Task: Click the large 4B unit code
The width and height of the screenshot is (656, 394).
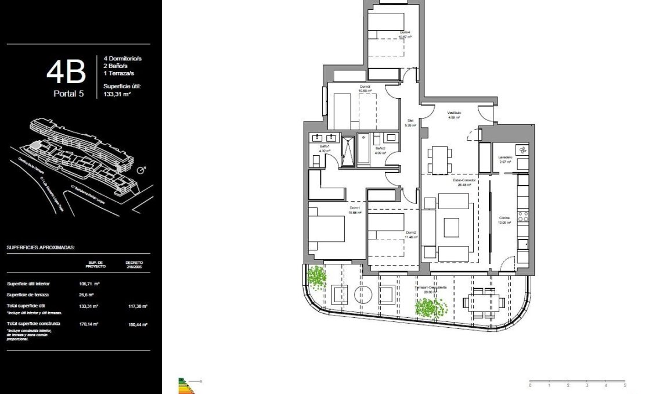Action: pyautogui.click(x=66, y=71)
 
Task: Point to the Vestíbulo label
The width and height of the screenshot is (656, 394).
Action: pyautogui.click(x=453, y=114)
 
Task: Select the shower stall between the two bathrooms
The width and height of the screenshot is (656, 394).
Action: pyautogui.click(x=347, y=151)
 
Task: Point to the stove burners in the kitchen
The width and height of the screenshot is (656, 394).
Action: pyautogui.click(x=522, y=217)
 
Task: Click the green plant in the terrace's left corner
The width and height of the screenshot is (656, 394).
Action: pyautogui.click(x=316, y=278)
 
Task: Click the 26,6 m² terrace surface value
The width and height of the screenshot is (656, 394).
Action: pyautogui.click(x=86, y=295)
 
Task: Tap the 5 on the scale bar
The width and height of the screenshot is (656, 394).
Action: pyautogui.click(x=625, y=385)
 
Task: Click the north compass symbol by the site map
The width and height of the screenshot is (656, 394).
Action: pyautogui.click(x=140, y=171)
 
